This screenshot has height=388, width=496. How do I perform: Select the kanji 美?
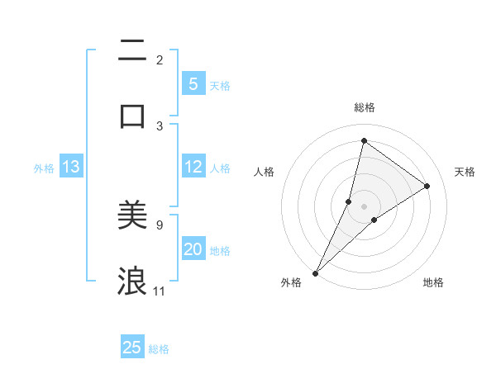tap(132, 216)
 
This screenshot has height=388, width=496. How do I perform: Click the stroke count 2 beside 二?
tap(160, 59)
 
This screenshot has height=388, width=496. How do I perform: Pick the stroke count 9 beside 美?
tap(160, 224)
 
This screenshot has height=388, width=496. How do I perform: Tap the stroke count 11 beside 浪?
tap(160, 291)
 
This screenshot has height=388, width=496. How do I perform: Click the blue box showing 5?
tap(193, 83)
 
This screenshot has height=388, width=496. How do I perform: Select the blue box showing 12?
tap(193, 167)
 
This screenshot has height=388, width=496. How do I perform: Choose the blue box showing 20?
tap(193, 249)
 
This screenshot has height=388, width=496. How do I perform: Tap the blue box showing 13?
tap(71, 167)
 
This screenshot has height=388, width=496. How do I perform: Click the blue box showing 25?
tap(132, 348)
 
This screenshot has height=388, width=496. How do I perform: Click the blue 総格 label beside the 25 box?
tap(159, 349)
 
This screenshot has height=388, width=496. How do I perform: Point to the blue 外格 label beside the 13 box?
tap(44, 168)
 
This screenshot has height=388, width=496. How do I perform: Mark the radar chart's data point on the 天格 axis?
tap(427, 186)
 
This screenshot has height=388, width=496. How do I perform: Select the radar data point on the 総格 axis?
tap(364, 140)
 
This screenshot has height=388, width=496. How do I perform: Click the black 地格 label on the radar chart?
tap(433, 283)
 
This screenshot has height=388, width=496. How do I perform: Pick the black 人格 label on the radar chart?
tap(264, 172)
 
